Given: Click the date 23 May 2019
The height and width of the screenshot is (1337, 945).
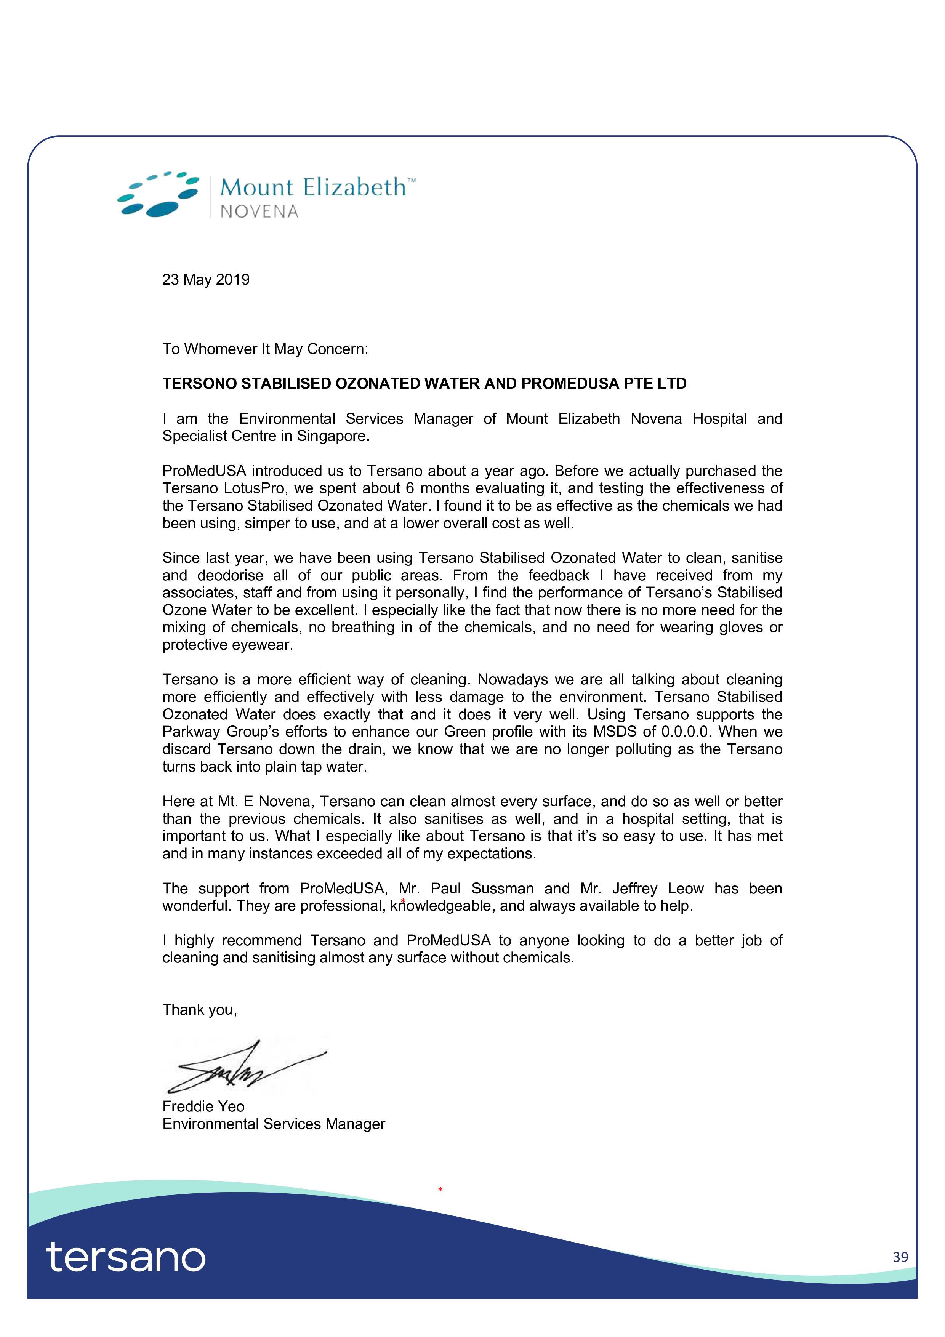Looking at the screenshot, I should [x=205, y=280].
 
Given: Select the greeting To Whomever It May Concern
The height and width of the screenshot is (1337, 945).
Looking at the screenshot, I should [x=265, y=349].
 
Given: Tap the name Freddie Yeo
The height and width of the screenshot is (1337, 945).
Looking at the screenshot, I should [x=203, y=1106].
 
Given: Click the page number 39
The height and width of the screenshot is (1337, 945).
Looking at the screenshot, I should [x=900, y=1257].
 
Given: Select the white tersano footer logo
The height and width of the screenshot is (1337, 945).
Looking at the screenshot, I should [x=126, y=1257].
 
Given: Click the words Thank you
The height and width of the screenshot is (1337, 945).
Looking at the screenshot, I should [x=200, y=1010].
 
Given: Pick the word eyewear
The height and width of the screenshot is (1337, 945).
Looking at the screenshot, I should [x=262, y=645].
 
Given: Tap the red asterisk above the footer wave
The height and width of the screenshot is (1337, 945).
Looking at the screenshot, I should [x=440, y=1190].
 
